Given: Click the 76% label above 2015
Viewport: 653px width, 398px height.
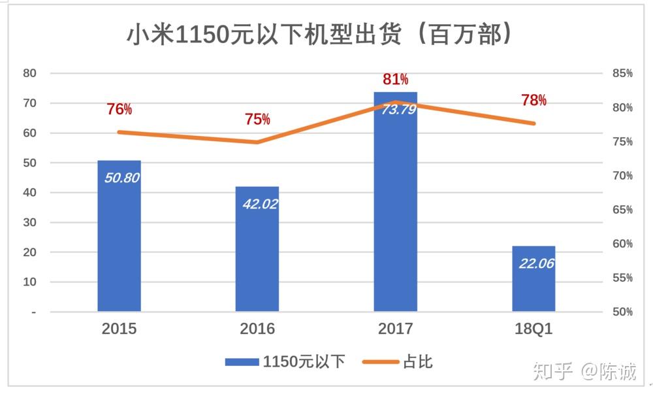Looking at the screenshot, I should pos(119,110).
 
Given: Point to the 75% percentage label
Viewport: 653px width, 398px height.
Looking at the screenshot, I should pos(257,119).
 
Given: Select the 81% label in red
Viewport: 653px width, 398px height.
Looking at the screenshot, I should pos(396,80).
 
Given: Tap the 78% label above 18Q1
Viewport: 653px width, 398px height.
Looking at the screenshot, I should pos(534,100).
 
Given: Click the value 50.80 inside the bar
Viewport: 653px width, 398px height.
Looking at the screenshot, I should pos(119,177).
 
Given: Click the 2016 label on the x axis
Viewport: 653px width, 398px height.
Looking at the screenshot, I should pos(257,329).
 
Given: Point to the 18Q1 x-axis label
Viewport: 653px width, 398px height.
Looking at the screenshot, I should pos(534,329).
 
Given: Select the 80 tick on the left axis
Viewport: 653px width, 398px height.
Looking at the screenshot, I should pos(29,73).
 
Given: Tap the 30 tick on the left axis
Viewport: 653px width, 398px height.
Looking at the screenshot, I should pos(29,223).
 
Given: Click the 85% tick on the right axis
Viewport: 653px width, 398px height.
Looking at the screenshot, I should pos(622,73).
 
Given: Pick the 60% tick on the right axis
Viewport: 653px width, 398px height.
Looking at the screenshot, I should pos(622,244).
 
